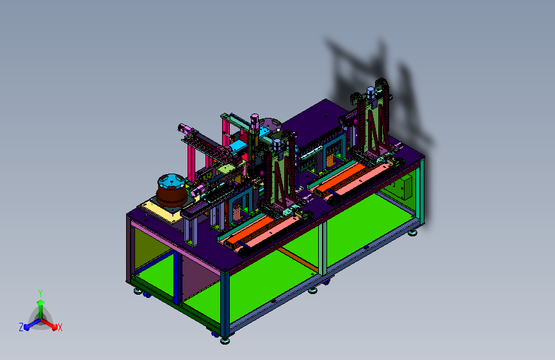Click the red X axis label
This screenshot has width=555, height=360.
point(60,327)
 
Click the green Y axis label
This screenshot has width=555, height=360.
point(40,293)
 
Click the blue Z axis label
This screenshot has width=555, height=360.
point(21,327)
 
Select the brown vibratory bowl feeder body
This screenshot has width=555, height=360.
point(172,195)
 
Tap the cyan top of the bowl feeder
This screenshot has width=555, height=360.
point(171,181)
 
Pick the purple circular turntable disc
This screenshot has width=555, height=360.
point(270,125)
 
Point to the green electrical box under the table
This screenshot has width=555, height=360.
point(403,187)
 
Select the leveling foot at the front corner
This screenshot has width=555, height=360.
point(225,341)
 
